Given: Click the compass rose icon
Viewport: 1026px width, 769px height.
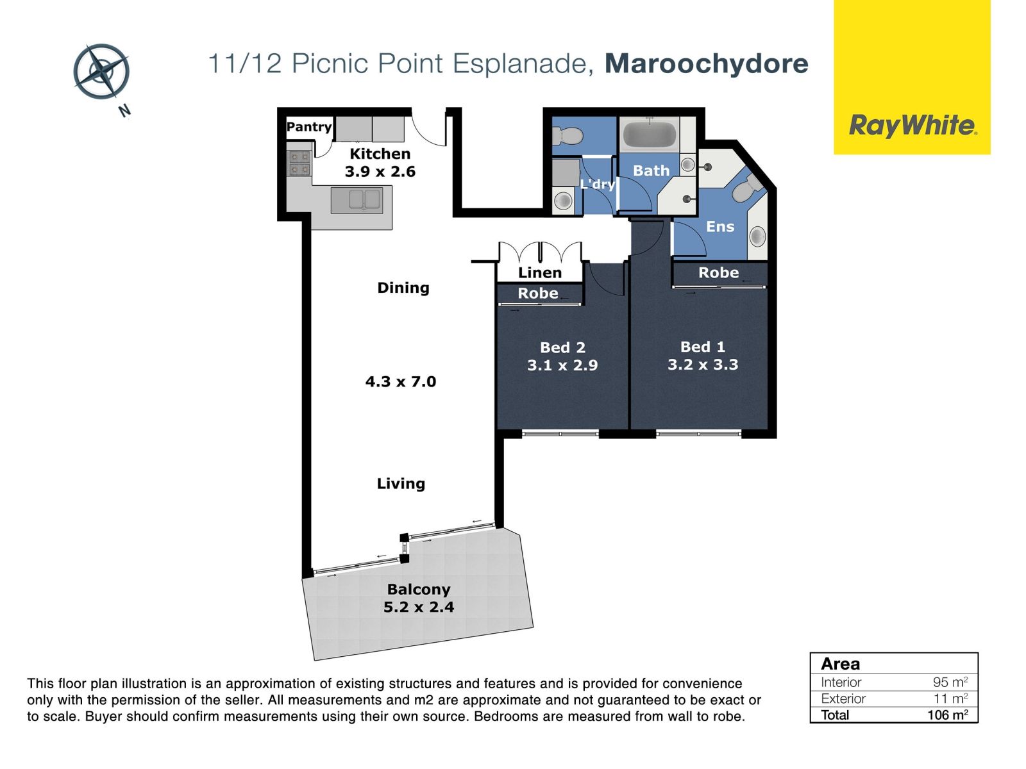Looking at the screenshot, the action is pos(101,71).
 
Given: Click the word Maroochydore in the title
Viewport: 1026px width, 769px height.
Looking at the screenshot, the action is pos(706,63).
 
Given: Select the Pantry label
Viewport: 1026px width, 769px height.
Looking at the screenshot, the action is pos(309,126).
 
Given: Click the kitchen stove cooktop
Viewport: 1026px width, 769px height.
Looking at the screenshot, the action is pos(299,163).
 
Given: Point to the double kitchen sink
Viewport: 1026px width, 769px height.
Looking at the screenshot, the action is pos(357,200).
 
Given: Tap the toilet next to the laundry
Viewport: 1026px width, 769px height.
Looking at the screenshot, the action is pos(567,136).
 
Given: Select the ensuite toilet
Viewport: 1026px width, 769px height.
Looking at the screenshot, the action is pos(746,188).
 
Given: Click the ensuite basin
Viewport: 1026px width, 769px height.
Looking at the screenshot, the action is pos(758,236).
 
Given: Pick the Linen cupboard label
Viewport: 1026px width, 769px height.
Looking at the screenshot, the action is pos(540,273).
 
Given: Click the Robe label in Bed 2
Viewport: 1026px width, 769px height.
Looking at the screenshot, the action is pos(538,294).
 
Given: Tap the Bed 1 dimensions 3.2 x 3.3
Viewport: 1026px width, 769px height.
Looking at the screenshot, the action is pos(703,364).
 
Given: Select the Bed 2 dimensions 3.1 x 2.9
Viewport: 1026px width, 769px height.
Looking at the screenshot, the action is pos(562,365).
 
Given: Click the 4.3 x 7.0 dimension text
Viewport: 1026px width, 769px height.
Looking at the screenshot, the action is pos(401,381).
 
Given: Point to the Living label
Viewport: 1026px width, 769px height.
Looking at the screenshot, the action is pos(401,483).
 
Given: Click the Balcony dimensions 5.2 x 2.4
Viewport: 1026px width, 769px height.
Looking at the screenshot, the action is pos(419,607).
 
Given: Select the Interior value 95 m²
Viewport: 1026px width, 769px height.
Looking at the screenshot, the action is pos(950,682).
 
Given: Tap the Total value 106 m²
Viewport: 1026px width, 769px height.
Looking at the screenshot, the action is pos(948,715).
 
